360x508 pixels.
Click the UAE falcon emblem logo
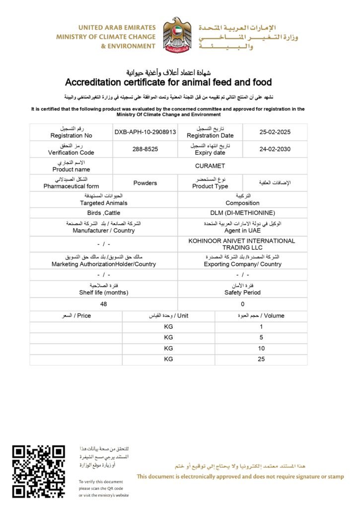pos(177,36)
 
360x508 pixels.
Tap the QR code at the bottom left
pos(39,471)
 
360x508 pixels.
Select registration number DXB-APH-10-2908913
pos(145,132)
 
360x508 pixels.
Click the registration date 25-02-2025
pos(275,132)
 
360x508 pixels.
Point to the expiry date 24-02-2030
pos(275,149)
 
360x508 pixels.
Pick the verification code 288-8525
pos(145,149)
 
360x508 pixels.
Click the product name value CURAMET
pos(210,166)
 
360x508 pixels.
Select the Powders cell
pos(145,183)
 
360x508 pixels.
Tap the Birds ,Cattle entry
pos(103,212)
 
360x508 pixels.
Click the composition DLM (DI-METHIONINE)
pos(242,212)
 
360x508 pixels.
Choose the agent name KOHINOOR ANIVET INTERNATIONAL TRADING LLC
pos(242,244)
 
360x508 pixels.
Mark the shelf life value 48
pos(103,304)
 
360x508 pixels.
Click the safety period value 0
pos(242,304)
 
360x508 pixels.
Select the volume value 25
pos(261,359)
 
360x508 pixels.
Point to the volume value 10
pos(261,348)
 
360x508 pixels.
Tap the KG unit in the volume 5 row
pos(168,337)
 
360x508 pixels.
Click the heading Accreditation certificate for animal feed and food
pos(168,82)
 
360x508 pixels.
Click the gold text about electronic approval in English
pos(240,477)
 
